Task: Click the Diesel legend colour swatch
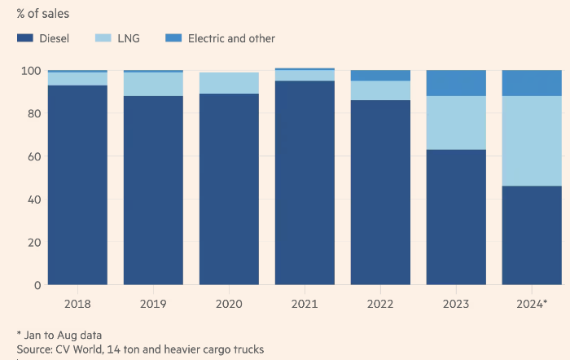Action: coord(25,38)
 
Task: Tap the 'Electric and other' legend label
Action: coord(231,38)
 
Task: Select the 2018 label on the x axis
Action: coord(77,305)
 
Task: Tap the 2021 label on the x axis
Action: coord(305,305)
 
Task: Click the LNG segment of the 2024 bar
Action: coord(532,141)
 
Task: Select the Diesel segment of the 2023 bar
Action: coord(456,217)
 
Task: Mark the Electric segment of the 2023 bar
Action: coord(456,83)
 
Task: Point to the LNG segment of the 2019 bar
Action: coord(153,84)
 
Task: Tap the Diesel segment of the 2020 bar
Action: coord(229,189)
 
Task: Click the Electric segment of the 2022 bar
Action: coord(380,76)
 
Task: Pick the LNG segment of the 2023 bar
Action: coord(456,123)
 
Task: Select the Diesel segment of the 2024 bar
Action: coord(532,235)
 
